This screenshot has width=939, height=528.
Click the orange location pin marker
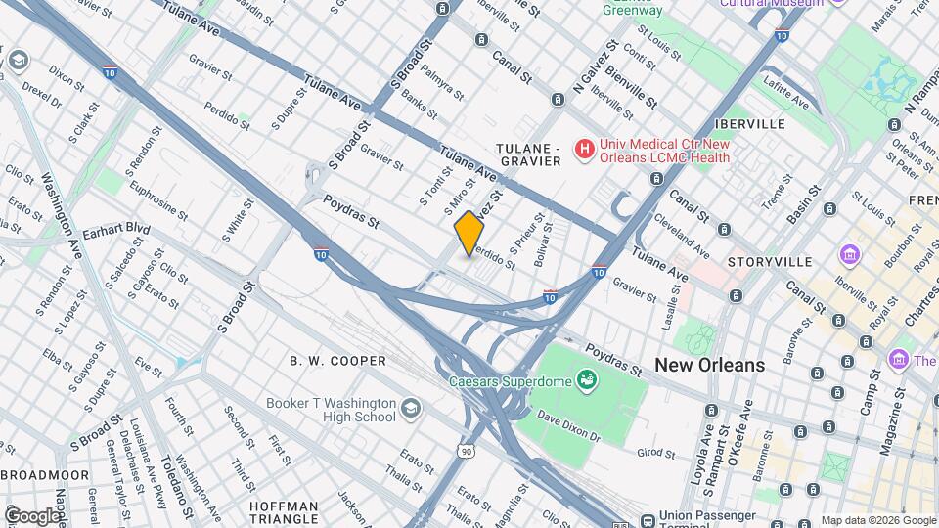[x=469, y=233]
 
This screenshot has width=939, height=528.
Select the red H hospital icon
[x=584, y=150]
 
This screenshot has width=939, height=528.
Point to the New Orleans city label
[x=709, y=365]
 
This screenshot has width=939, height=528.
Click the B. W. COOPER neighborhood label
[x=337, y=361]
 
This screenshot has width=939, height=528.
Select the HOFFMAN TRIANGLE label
[x=285, y=513]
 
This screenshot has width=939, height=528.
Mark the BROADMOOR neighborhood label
[x=45, y=475]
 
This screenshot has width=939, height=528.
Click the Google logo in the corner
[x=32, y=515]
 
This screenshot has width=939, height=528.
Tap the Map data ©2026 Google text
[x=877, y=520]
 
